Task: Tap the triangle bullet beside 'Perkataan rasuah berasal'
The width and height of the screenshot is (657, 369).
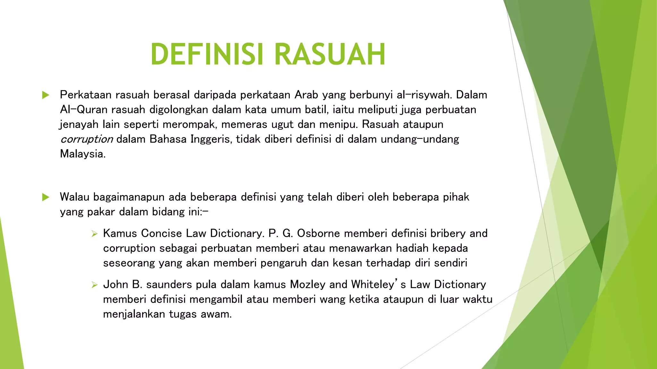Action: [46, 95]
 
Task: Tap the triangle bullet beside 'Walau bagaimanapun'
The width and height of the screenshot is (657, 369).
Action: [46, 197]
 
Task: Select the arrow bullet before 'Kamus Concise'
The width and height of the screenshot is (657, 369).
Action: [94, 234]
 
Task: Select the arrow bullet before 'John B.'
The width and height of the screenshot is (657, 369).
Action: [94, 285]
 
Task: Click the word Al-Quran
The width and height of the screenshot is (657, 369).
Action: [84, 110]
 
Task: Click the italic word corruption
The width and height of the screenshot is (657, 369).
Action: [87, 139]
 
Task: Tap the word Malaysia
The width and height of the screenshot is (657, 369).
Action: [82, 154]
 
